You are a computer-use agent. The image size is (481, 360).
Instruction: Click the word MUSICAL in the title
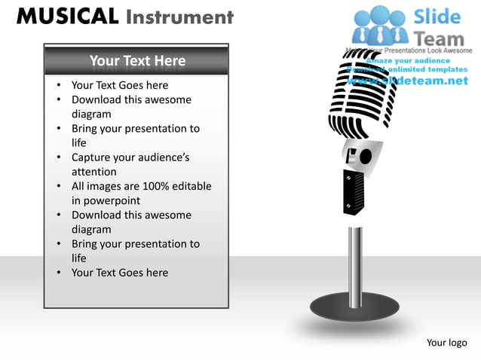pyautogui.click(x=67, y=17)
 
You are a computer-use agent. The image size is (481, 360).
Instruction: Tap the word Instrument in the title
pyautogui.click(x=179, y=17)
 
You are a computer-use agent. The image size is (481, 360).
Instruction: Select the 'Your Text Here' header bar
pyautogui.click(x=136, y=60)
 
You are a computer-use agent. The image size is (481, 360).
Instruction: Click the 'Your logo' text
pyautogui.click(x=447, y=343)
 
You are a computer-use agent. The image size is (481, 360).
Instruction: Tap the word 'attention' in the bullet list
pyautogui.click(x=94, y=172)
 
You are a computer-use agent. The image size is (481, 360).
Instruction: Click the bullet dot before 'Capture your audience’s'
pyautogui.click(x=59, y=158)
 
